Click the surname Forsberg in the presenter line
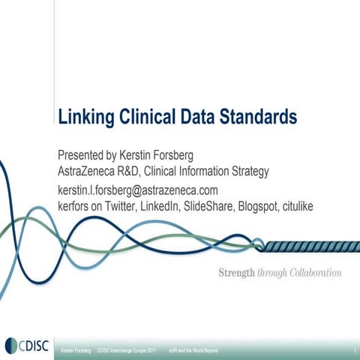(169, 155)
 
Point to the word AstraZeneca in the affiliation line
(91, 172)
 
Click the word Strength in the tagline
(235, 272)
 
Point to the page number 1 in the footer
(351, 350)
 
